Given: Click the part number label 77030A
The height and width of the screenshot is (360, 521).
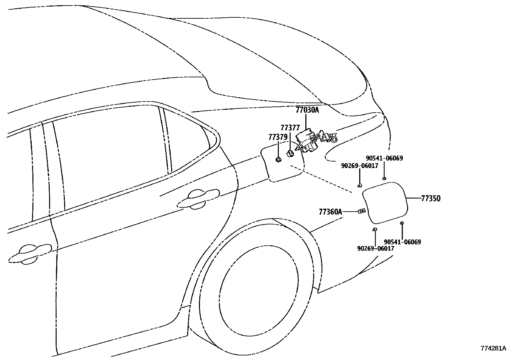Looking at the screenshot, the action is tap(307, 110).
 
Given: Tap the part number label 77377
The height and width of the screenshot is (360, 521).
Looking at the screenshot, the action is tap(290, 128).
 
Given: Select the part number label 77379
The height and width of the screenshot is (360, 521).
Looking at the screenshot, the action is tap(278, 137).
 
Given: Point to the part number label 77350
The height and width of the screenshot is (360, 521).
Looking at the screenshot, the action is tap(431, 199).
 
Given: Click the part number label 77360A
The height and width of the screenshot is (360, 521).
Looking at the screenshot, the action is tap(331, 212).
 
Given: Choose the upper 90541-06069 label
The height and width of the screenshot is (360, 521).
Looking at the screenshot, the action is tap(385, 158).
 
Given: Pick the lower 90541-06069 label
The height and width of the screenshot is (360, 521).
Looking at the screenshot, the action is tap(403, 242).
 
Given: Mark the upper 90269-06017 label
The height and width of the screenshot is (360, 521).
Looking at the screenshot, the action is tap(360, 165).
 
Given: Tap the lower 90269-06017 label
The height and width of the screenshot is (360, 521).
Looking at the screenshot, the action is tap(376, 248).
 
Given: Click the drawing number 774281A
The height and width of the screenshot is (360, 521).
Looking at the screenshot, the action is tap(493, 348).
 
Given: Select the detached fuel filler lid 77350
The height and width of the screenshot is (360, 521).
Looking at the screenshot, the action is tap(385, 202).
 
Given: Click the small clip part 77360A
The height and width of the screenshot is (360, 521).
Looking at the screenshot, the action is tap(362, 211).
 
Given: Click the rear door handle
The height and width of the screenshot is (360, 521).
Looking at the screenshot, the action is tap(198, 199).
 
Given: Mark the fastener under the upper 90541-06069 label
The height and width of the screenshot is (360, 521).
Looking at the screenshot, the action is tap(384, 179).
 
